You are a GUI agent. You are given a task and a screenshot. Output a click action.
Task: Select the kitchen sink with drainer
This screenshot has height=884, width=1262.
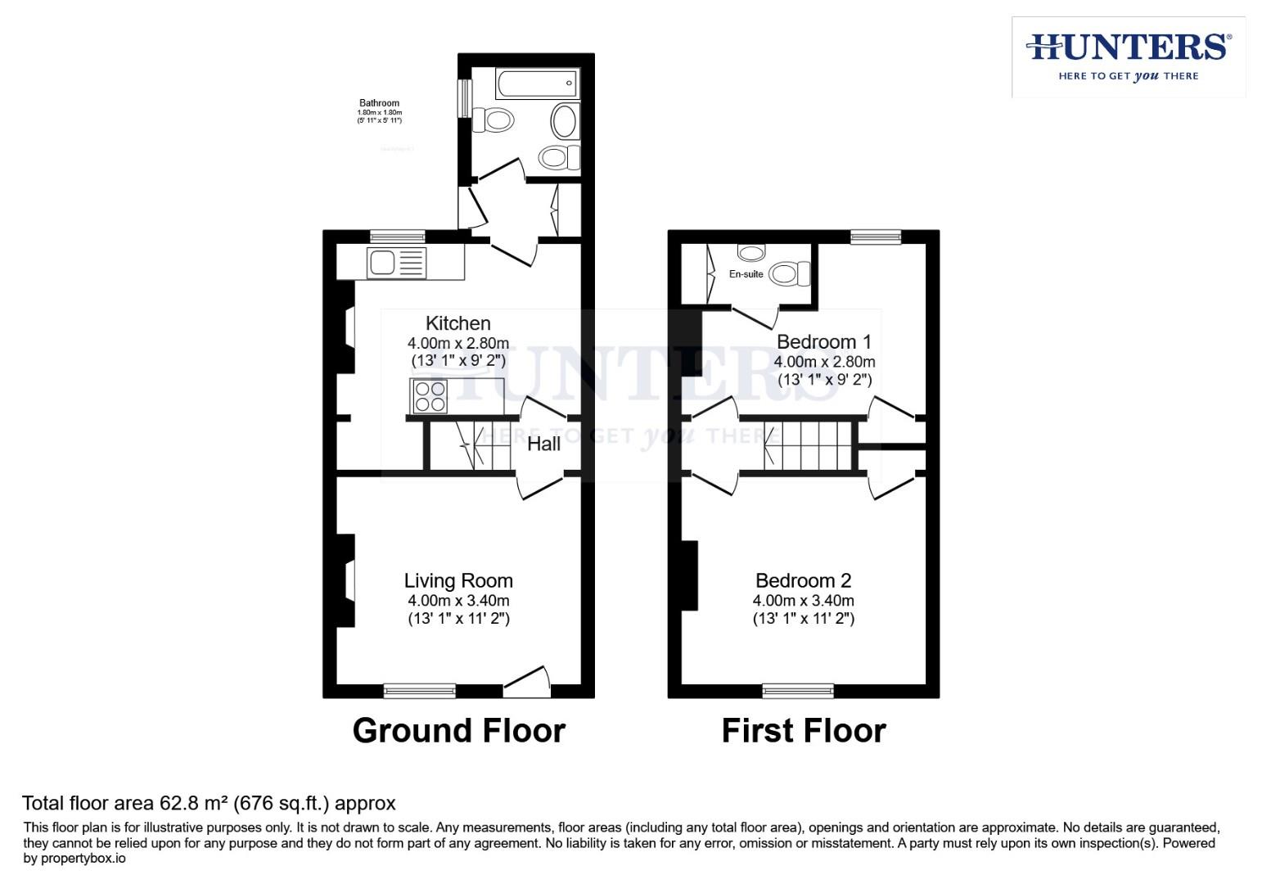point(397,263)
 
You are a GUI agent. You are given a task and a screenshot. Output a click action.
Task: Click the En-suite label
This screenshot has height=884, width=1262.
point(746,274)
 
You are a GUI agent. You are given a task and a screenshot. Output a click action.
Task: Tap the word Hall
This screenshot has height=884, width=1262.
point(543,444)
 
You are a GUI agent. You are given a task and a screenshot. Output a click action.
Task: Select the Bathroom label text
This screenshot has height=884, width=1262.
point(379,103)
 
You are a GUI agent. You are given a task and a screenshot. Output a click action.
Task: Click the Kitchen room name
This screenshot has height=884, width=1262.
point(457,323)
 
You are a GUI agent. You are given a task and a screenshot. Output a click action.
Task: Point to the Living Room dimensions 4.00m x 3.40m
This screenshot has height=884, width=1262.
point(458,600)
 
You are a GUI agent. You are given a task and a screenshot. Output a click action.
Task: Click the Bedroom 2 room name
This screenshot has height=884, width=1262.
point(803,580)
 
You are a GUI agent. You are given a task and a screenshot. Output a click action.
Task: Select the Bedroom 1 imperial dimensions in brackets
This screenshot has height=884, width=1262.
point(824,380)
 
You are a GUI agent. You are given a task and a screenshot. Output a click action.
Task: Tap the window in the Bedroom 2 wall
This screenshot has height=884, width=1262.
point(798,691)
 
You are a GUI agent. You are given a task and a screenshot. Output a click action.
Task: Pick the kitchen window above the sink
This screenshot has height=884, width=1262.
point(397,237)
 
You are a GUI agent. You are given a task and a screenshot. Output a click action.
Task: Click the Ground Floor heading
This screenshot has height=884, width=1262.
point(458,731)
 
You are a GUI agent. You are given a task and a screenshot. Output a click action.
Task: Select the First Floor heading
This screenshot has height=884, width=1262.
point(803,731)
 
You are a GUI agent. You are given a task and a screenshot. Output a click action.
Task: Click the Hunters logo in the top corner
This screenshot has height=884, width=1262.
point(1128,56)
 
